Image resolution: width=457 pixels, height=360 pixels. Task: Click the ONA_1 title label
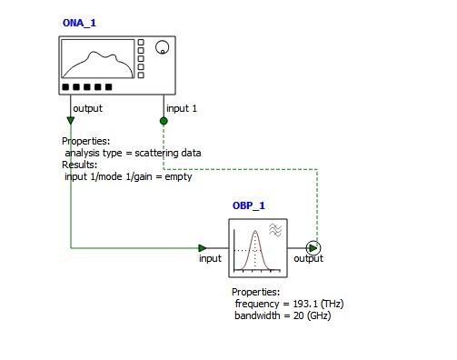[x=79, y=23]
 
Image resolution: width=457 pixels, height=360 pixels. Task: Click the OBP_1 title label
[x=249, y=205]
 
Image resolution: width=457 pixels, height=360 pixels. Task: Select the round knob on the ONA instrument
[x=162, y=47]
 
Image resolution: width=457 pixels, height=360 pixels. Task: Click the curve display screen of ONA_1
[x=98, y=59]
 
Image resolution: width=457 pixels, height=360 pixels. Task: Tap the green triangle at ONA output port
[x=71, y=121]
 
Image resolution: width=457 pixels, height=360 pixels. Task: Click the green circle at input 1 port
[x=164, y=121]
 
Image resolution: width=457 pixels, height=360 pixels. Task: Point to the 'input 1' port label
[x=182, y=108]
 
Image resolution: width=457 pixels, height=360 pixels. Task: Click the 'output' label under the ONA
[x=88, y=108]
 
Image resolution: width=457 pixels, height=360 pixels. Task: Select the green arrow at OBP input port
[x=203, y=248]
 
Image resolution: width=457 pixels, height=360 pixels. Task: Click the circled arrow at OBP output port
[x=313, y=248]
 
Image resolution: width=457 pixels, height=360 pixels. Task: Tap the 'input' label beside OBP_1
[x=210, y=258]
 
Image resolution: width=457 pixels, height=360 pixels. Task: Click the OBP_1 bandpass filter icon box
[x=258, y=248]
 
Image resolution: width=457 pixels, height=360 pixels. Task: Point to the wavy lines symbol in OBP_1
[x=275, y=230]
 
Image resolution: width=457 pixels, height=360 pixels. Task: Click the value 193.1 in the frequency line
[x=305, y=304]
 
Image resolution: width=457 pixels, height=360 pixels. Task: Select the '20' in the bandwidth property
[x=299, y=315]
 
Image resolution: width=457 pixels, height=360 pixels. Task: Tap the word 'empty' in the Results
[x=178, y=177]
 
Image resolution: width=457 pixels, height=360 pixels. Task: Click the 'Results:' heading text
[x=80, y=165]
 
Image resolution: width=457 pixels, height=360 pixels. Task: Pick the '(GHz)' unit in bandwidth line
[x=319, y=315]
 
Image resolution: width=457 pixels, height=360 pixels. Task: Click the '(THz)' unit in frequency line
[x=332, y=304]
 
